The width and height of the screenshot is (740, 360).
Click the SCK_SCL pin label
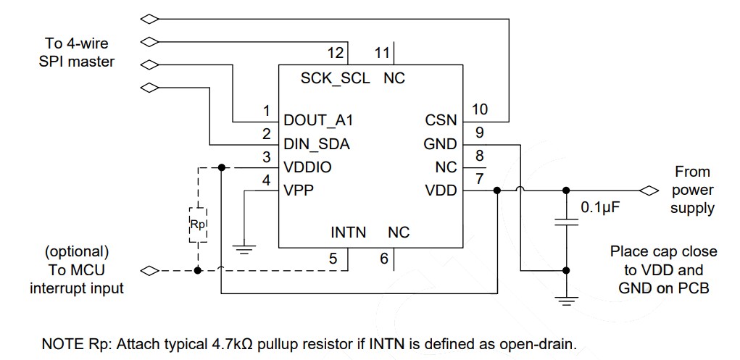tap(335, 78)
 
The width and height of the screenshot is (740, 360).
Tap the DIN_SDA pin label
tap(317, 143)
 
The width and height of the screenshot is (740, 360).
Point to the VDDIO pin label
tap(308, 167)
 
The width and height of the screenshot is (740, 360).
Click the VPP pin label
tap(299, 191)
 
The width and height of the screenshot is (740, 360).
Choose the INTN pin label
tap(348, 233)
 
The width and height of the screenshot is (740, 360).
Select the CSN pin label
tap(442, 120)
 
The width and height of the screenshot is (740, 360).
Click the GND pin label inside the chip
tap(441, 143)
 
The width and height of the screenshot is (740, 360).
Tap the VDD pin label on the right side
tap(441, 191)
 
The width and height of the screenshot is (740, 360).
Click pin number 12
tap(335, 53)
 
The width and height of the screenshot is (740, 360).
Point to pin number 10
tap(480, 109)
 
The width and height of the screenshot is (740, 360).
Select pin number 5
tap(333, 257)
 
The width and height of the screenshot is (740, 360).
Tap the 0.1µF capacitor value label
tap(601, 208)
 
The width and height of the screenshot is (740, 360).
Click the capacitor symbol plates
tap(565, 222)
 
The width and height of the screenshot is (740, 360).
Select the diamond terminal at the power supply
tap(647, 191)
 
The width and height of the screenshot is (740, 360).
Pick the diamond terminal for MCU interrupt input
tap(149, 271)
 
